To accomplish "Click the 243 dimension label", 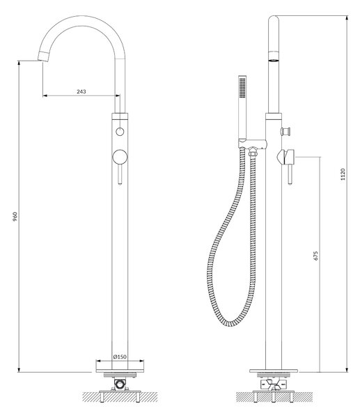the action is [x=81, y=91].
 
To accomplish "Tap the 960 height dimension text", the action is [x=15, y=217].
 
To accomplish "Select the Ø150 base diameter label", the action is [x=120, y=357].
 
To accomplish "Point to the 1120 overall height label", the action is [x=343, y=174].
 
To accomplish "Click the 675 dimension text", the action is [x=315, y=256].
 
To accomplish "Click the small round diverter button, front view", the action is [x=120, y=132].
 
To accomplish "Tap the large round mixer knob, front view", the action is [x=120, y=157].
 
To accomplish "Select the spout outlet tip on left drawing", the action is [x=43, y=56].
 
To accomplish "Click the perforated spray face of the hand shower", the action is [x=242, y=88].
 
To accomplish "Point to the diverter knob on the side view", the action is [x=286, y=131].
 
